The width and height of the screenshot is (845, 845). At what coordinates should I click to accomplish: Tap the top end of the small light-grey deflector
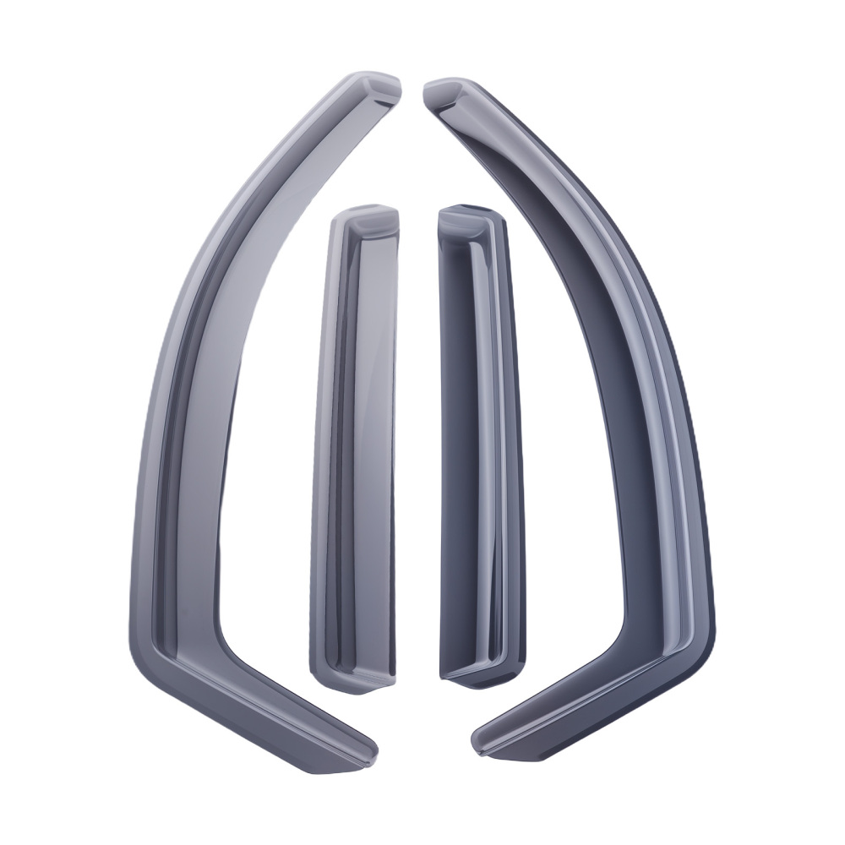[x=365, y=216]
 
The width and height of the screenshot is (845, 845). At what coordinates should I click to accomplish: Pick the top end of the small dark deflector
[x=465, y=216]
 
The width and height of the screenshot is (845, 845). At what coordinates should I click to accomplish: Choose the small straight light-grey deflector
[x=355, y=448]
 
